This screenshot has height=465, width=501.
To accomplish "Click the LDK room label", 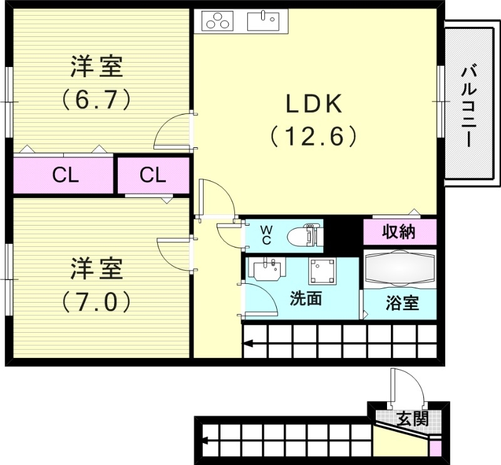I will [314, 104].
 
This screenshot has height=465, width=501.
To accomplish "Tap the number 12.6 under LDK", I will [314, 135].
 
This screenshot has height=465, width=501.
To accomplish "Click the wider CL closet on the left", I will [65, 175].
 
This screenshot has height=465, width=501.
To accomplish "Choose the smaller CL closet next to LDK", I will [153, 175].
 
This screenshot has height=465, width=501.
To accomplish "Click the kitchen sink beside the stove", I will [263, 21].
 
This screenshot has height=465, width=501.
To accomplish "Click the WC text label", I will [266, 235].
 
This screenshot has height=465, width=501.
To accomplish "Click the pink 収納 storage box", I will [400, 232].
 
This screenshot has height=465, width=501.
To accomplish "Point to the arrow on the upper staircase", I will [249, 343].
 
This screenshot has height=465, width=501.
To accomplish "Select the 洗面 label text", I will [305, 299].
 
